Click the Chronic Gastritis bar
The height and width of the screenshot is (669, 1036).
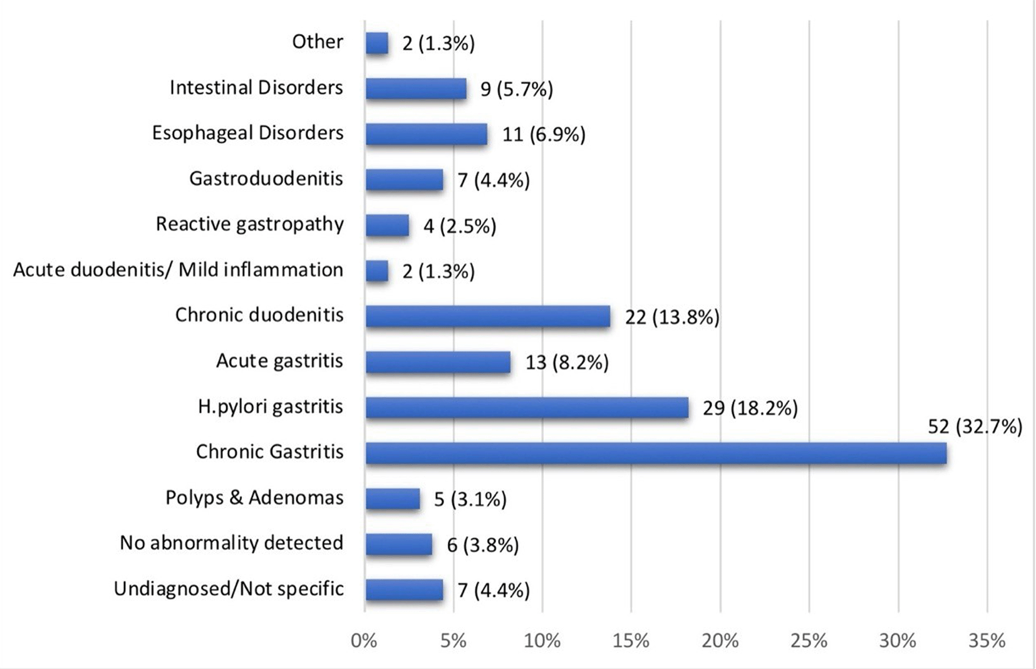(x=656, y=453)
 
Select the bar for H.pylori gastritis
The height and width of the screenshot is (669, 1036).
(x=527, y=408)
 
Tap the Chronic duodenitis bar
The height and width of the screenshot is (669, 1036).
(x=488, y=316)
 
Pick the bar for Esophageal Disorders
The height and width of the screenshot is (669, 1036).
(x=427, y=134)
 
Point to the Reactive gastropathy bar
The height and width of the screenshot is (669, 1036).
(x=387, y=226)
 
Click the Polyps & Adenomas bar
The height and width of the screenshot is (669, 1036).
(x=393, y=499)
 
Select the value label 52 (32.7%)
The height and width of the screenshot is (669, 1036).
(x=975, y=427)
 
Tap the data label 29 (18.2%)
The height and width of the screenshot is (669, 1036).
(x=750, y=408)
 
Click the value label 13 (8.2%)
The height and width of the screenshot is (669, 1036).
(x=567, y=362)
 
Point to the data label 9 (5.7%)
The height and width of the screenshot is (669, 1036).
(x=517, y=89)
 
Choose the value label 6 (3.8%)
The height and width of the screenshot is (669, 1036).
(x=483, y=545)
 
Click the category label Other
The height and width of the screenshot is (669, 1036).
(x=318, y=42)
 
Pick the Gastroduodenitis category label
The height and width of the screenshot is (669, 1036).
(x=266, y=179)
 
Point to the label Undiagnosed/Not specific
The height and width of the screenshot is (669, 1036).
(x=229, y=589)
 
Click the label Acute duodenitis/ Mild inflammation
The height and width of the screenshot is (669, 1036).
(x=179, y=270)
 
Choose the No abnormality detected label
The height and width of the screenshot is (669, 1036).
(x=232, y=543)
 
